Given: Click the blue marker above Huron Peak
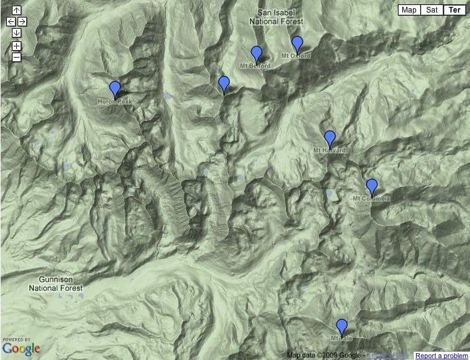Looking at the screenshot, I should pos(115,89).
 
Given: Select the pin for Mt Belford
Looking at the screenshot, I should pos(256,54).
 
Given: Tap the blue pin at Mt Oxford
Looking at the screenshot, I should pos(298,44).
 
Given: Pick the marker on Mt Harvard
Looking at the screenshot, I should pos(330,138).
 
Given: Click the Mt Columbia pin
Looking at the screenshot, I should pos(372,186).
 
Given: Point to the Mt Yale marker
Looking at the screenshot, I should pos(342,326).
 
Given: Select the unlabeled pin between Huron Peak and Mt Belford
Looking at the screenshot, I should pos(224,83).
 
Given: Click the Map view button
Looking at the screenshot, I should pos(409,10).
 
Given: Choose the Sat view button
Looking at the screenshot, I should pos(432,10).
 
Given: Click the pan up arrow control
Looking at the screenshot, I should pos(16,11).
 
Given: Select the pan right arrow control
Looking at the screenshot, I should pos(22,21).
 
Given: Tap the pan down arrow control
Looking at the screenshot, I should pos(16,32).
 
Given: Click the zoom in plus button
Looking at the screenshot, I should pos(16,46).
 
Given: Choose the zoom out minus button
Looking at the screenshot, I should pos(16,57).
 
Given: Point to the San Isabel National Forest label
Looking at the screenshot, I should pos(276,17).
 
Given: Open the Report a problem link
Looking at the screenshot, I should pos(442,356).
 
